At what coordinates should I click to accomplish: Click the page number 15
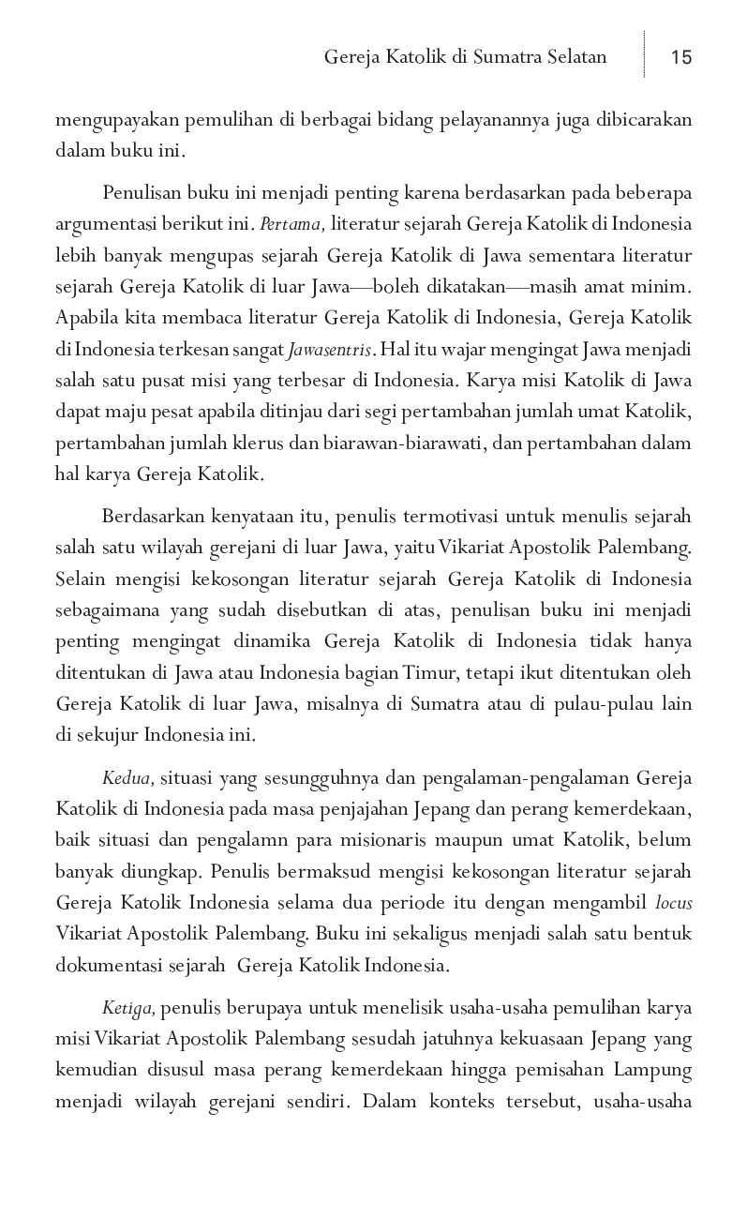681,57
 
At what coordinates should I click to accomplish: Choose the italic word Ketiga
130,1008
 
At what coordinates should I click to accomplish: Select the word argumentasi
107,224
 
